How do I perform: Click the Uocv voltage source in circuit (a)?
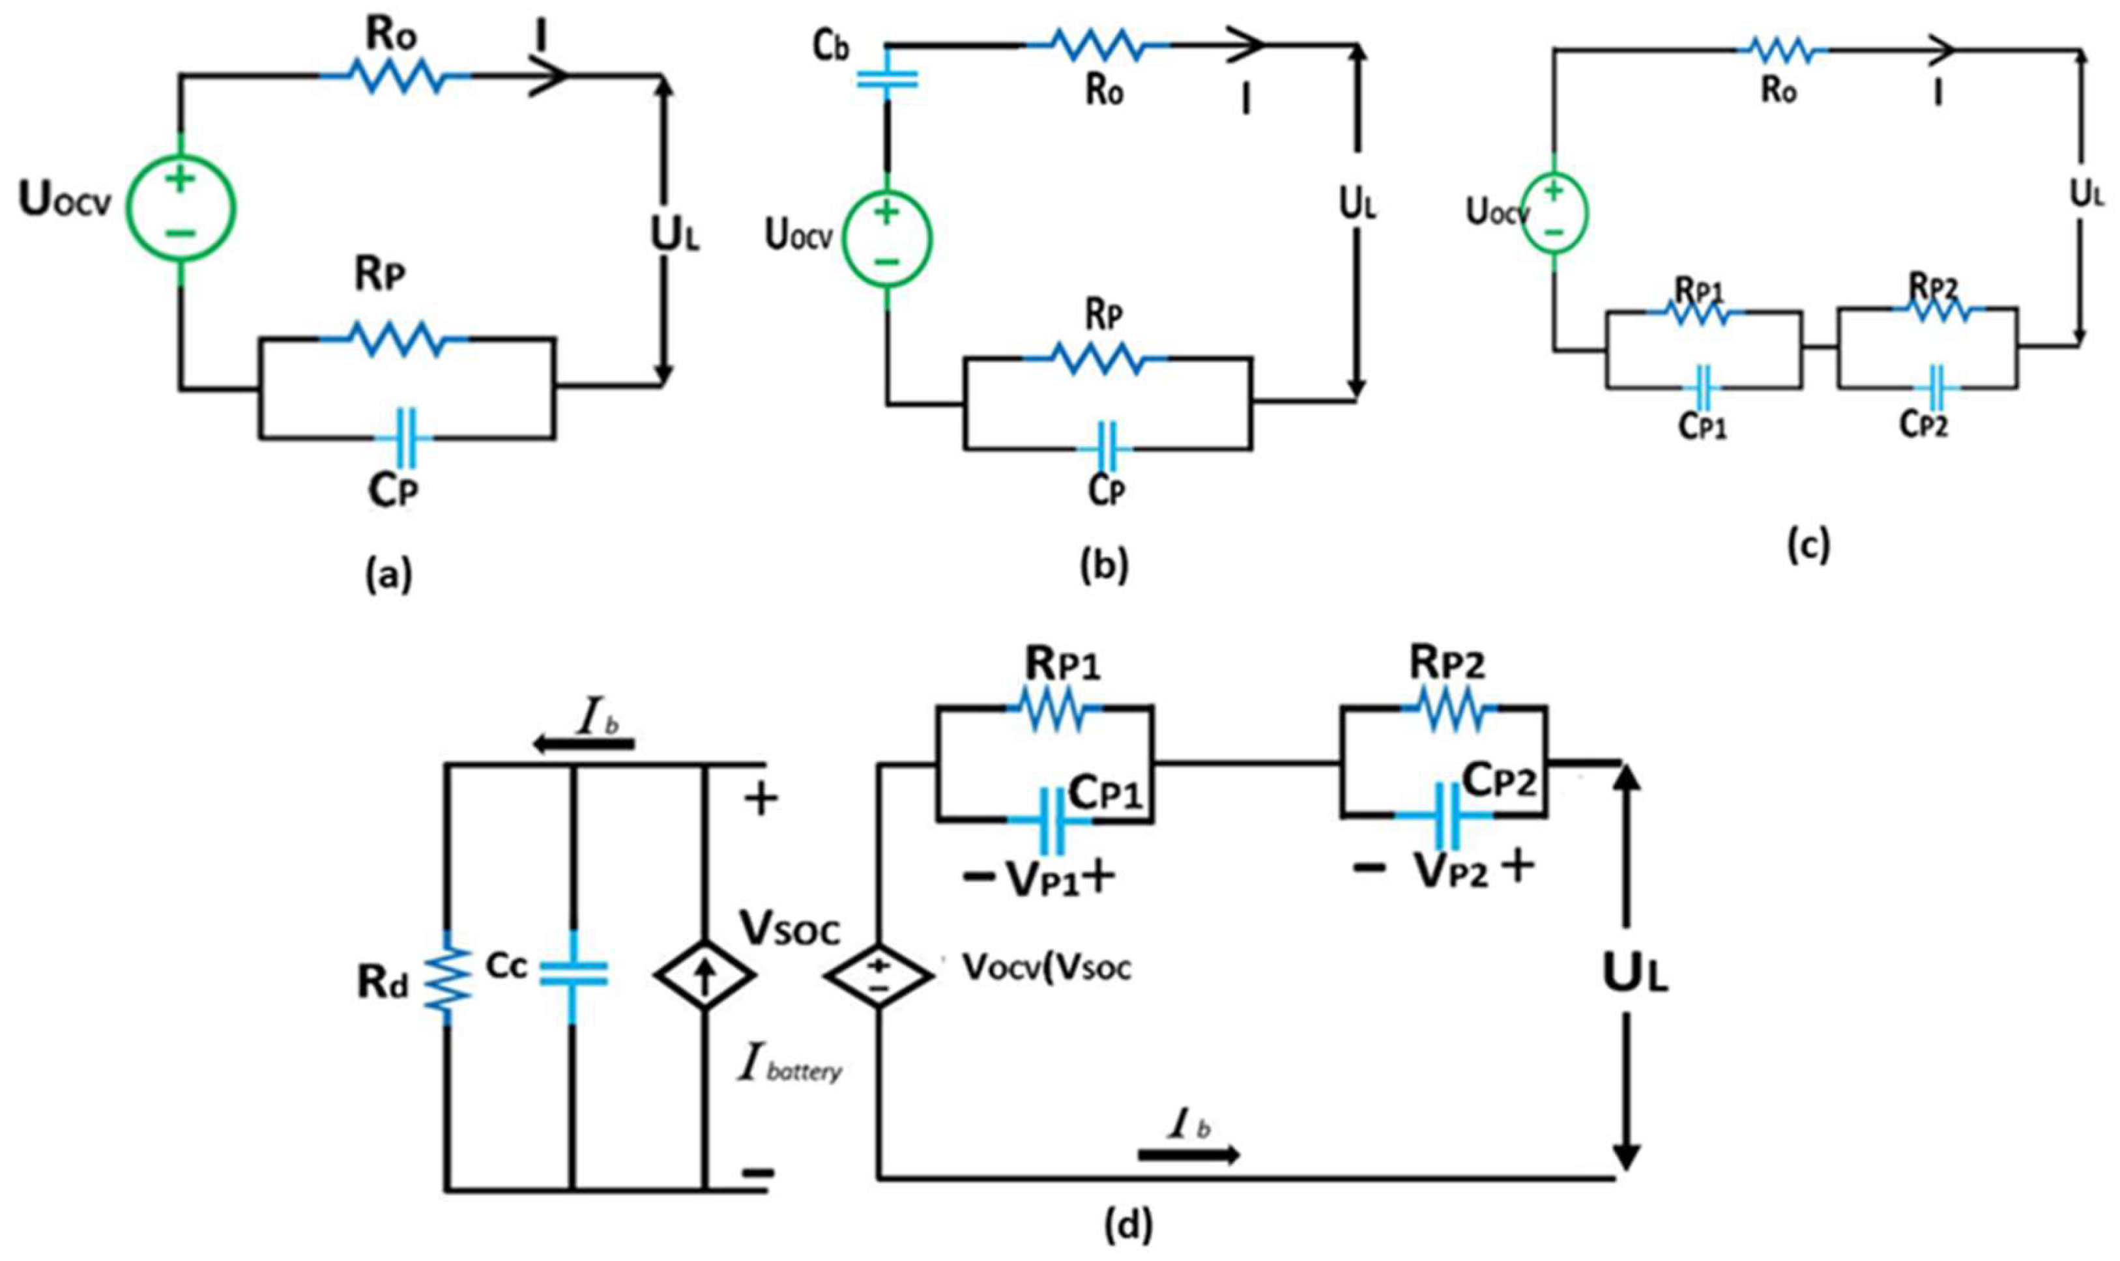click(x=181, y=207)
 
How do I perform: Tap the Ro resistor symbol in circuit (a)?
click(x=396, y=76)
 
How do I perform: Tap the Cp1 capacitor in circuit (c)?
click(x=1703, y=388)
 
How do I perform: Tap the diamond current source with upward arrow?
click(x=704, y=974)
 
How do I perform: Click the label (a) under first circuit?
click(x=388, y=574)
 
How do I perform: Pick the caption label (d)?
click(x=1128, y=1225)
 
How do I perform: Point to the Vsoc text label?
click(x=789, y=929)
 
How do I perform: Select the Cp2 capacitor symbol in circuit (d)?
click(x=1444, y=815)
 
